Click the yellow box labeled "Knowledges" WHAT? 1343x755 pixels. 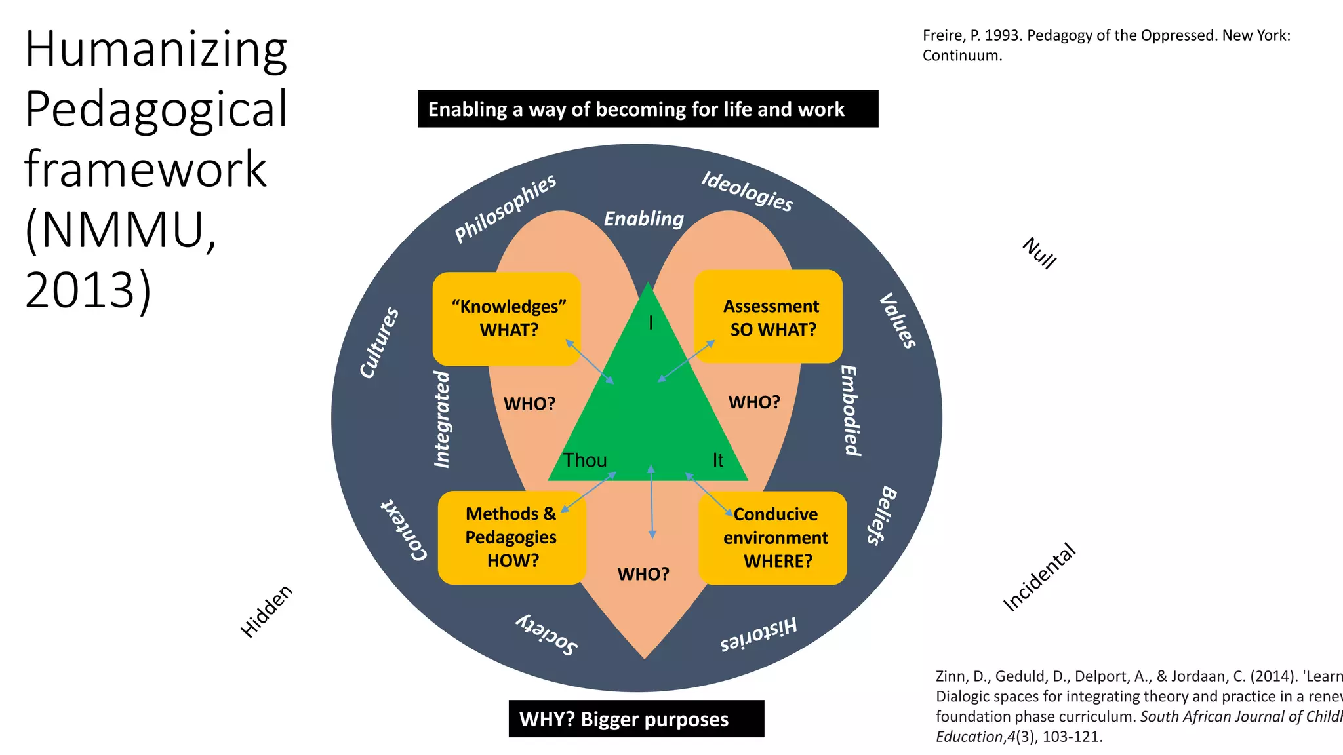[x=506, y=319]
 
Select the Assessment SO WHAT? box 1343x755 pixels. [x=768, y=317]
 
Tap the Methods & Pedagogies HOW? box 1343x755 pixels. [x=511, y=537]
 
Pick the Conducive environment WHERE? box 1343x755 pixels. [x=774, y=538]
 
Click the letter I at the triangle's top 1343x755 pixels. [x=651, y=322]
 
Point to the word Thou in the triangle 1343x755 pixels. [x=585, y=460]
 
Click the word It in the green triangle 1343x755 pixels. [x=718, y=460]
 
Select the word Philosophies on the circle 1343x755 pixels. [x=505, y=208]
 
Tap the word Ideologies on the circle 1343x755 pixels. [x=747, y=191]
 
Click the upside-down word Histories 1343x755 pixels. [x=759, y=633]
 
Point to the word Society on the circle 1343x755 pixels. [x=546, y=634]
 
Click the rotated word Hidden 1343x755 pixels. [x=266, y=611]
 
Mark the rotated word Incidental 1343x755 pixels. [x=1039, y=577]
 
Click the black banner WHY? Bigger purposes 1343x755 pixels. [x=636, y=719]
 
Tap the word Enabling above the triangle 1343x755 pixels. [x=643, y=219]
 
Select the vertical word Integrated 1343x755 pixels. [x=443, y=419]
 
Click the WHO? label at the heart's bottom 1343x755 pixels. [x=643, y=574]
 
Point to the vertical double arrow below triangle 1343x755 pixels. [x=651, y=502]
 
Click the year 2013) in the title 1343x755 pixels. [x=89, y=290]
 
